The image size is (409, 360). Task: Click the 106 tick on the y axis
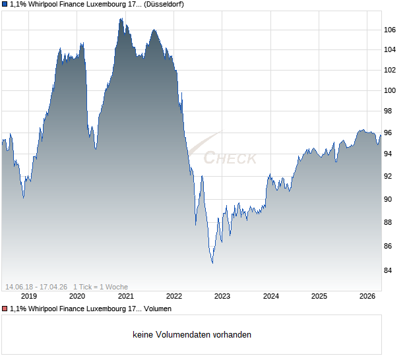coord(390,30)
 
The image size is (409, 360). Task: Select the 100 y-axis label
coord(390,90)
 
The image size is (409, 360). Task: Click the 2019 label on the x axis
coord(28,296)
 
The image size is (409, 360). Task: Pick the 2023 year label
coord(222,296)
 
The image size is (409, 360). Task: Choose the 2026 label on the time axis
coord(368,296)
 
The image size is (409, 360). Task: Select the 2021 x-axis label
coord(125,296)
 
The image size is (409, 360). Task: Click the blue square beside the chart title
coord(5,5)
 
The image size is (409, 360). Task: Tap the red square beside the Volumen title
coord(5,309)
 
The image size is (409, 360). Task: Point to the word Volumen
coord(157,309)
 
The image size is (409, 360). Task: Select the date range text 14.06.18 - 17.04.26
coord(36,287)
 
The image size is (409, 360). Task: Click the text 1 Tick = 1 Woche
coord(100,287)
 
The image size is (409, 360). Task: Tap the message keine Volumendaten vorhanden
coord(192,334)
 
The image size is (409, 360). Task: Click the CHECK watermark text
coord(230,158)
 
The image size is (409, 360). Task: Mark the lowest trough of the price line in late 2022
coord(212,263)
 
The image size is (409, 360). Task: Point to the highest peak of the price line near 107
coord(120,18)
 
